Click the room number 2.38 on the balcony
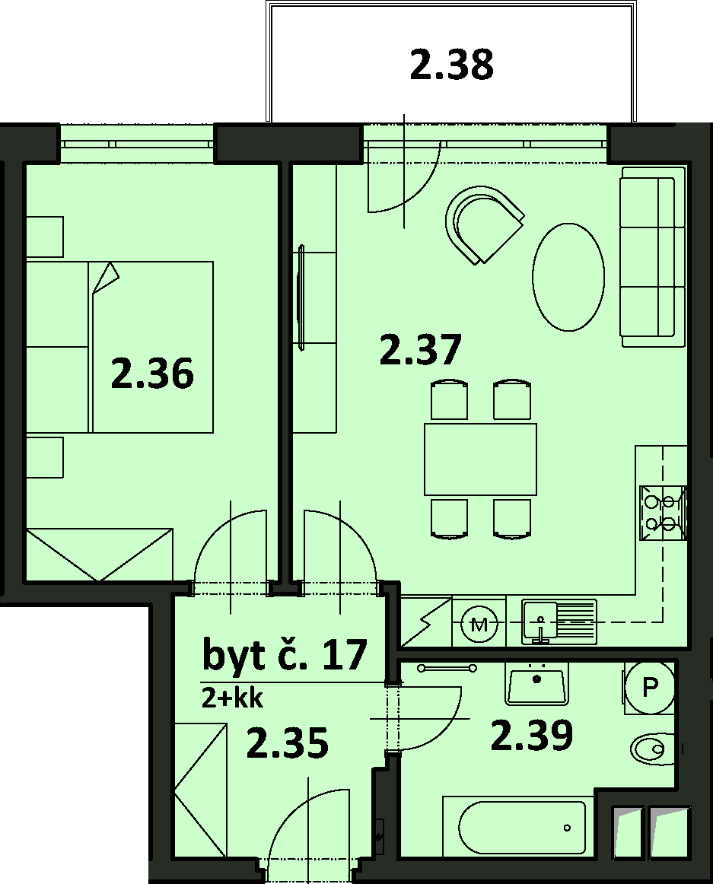tap(451, 65)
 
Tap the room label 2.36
tap(152, 374)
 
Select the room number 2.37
tap(421, 350)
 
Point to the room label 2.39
tap(531, 735)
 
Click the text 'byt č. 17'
tap(285, 655)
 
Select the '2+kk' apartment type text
tap(232, 699)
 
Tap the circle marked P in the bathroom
tap(651, 686)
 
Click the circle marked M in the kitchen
tap(479, 624)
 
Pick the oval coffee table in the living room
tap(568, 277)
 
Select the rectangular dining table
tap(481, 459)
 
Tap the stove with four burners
tap(664, 513)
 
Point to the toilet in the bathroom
tap(653, 749)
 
